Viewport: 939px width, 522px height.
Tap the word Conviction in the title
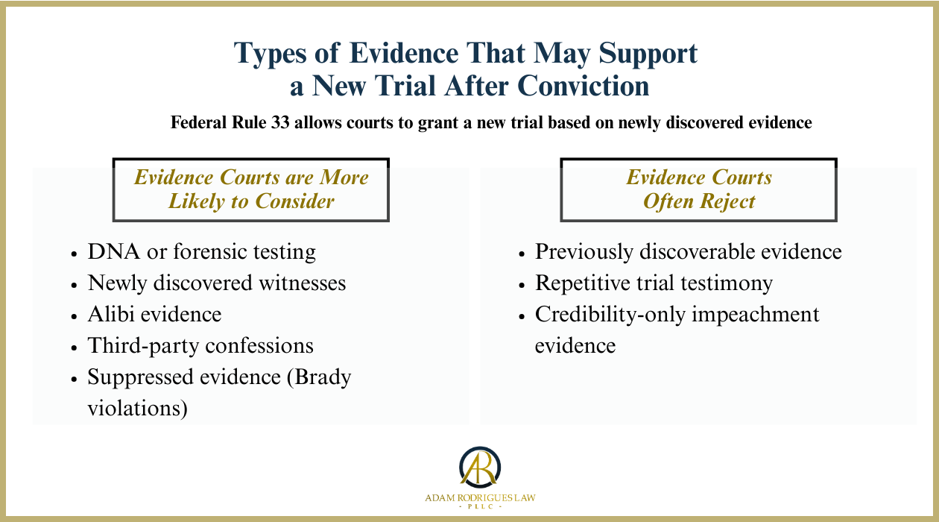tap(583, 87)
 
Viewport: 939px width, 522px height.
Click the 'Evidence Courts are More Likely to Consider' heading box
tap(251, 189)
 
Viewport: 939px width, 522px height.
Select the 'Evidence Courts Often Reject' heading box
tap(698, 189)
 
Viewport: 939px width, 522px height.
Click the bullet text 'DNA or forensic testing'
tap(201, 252)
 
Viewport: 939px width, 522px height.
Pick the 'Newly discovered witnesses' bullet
tap(216, 283)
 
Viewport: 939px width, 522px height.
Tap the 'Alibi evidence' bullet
tap(154, 315)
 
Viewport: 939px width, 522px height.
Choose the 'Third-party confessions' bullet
tap(200, 346)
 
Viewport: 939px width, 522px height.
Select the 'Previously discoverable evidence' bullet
tap(688, 252)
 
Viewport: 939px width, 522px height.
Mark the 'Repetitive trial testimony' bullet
tap(654, 283)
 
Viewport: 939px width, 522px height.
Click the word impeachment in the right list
tap(756, 315)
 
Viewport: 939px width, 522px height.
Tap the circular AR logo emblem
tap(480, 466)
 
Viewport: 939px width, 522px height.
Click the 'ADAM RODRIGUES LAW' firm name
tap(480, 497)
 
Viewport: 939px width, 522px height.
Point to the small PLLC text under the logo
tap(480, 507)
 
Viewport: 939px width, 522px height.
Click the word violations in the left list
tap(137, 409)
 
